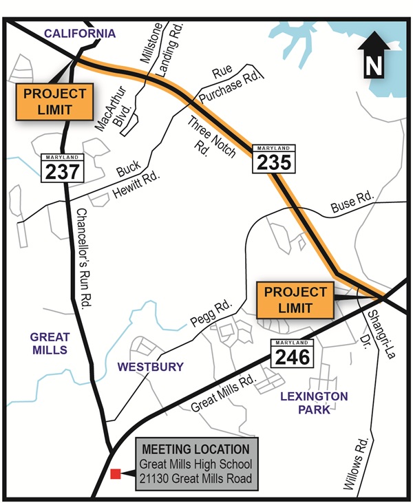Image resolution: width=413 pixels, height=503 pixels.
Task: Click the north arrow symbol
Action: [x=373, y=56]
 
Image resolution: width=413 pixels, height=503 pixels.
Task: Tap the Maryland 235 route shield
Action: [x=275, y=159]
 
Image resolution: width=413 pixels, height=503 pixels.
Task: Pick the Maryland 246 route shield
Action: [x=294, y=353]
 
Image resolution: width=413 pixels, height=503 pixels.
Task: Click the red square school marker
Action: [x=116, y=473]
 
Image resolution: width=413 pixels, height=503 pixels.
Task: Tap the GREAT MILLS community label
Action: [x=50, y=343]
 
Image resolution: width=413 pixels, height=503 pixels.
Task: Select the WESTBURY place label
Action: [x=151, y=367]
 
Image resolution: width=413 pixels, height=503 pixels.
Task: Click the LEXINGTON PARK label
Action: [x=314, y=403]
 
